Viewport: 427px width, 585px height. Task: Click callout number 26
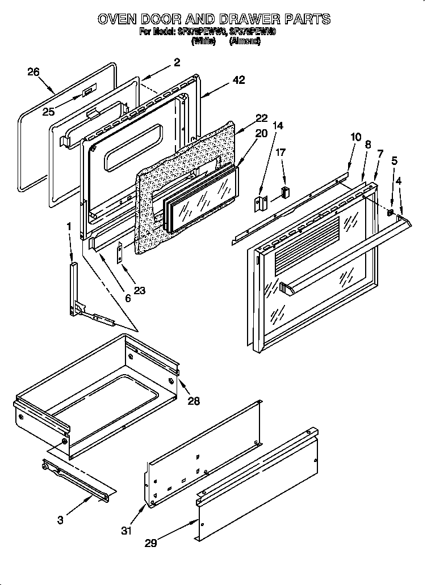[34, 72]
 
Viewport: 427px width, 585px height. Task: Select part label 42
[239, 80]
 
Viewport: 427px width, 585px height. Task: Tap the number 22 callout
[261, 118]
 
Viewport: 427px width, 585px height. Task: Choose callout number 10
[356, 137]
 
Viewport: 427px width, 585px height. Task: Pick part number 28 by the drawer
[194, 401]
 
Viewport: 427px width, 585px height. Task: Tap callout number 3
[61, 520]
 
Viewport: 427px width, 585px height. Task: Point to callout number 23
[139, 291]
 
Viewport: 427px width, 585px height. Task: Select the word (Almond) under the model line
[245, 41]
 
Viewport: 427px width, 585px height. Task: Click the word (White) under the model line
[203, 41]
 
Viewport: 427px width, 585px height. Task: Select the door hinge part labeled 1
[74, 289]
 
